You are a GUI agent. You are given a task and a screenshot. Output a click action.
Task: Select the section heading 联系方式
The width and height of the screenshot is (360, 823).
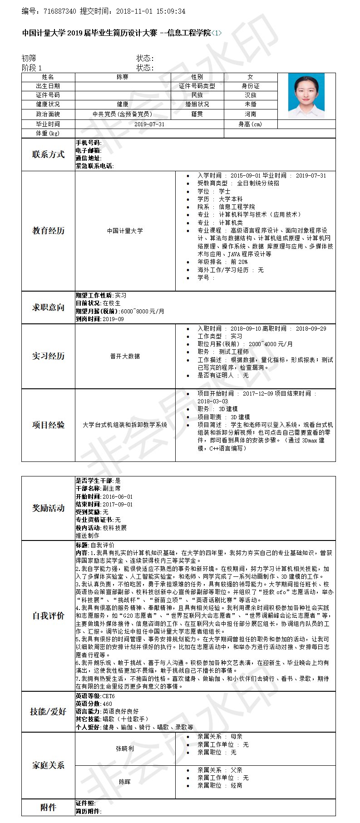tap(48, 154)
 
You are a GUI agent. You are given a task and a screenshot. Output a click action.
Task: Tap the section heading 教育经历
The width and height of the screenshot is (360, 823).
tap(48, 231)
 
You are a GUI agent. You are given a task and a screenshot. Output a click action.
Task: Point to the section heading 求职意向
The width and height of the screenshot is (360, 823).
tap(48, 307)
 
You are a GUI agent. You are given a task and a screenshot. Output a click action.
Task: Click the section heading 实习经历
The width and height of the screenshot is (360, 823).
tap(48, 356)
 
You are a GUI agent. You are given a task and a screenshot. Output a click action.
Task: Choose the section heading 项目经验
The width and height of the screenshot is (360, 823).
tap(48, 425)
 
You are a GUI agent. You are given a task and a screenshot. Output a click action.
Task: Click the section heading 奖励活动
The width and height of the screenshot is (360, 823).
tap(48, 508)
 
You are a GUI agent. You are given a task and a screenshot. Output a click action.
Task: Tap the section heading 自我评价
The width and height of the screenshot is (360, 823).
tap(48, 616)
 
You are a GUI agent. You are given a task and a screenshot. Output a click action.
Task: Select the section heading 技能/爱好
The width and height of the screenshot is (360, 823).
tap(48, 712)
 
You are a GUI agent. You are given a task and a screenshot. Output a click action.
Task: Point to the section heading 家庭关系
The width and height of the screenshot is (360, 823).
tap(48, 765)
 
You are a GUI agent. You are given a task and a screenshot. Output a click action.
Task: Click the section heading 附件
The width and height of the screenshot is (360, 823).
tap(48, 807)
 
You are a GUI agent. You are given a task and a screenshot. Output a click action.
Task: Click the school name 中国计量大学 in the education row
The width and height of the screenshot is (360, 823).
tap(125, 231)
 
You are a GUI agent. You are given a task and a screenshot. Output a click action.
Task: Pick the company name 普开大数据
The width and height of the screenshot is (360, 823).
tap(125, 356)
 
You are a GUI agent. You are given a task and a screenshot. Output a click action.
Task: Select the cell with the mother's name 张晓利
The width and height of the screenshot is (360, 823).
tap(125, 749)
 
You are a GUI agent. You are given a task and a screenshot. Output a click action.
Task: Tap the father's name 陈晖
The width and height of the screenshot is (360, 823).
tap(125, 782)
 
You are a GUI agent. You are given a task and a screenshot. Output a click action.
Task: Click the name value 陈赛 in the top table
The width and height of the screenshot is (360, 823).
tap(123, 77)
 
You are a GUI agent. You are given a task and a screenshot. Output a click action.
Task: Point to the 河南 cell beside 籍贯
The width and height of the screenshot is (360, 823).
tap(251, 114)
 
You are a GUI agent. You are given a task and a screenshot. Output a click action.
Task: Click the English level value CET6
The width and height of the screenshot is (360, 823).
tap(108, 696)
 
